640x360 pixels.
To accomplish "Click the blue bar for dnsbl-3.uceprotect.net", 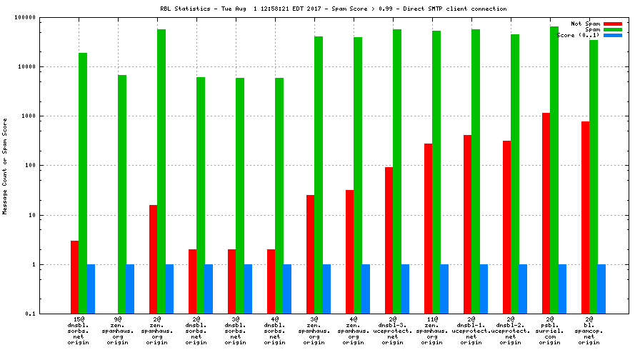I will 405,289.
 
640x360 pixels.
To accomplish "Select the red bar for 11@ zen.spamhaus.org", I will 428,229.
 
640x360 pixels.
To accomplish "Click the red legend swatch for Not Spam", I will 613,24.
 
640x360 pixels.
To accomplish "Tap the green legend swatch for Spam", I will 613,29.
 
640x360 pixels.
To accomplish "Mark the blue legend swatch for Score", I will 613,35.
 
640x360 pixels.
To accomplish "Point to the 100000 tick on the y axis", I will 41,17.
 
